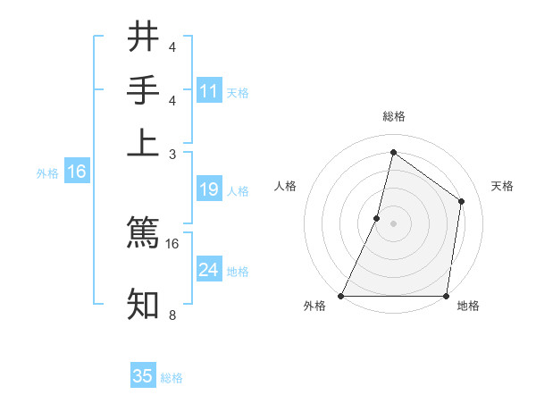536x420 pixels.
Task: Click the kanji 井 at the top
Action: tap(143, 38)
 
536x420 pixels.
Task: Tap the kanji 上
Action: tap(143, 143)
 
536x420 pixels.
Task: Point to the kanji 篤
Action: tap(143, 232)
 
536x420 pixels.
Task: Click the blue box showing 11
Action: tap(209, 91)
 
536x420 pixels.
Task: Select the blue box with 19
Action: tap(209, 189)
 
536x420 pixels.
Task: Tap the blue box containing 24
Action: tap(209, 270)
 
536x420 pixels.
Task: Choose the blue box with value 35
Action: tap(143, 376)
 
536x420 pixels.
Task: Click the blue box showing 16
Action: tap(77, 172)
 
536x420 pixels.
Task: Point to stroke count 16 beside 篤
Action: tap(172, 243)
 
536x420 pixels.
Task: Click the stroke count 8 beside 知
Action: tap(172, 315)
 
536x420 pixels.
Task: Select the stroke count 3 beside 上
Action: tap(172, 154)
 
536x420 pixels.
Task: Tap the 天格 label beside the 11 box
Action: tap(238, 93)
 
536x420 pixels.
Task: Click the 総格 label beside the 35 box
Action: tap(172, 378)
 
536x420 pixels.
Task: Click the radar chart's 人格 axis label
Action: tap(285, 186)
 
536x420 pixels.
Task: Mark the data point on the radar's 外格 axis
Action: tap(341, 296)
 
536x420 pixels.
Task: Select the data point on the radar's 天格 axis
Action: tap(462, 201)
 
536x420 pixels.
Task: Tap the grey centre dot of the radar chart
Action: tap(393, 223)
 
